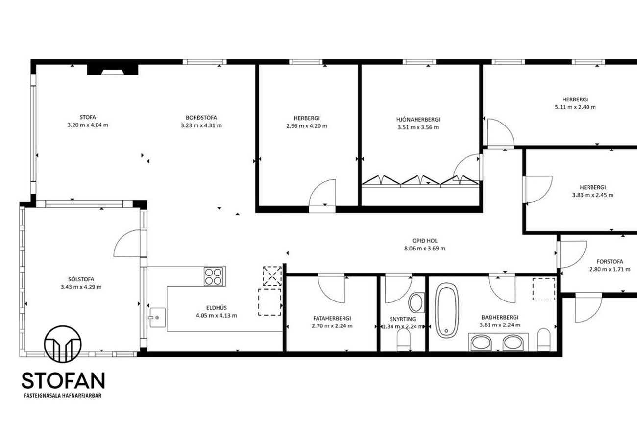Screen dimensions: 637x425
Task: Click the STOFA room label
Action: [x=88, y=117]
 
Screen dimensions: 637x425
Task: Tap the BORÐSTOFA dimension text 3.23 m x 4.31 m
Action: [x=201, y=125]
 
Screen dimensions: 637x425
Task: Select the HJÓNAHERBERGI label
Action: [x=418, y=120]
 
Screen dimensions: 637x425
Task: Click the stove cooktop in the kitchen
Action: [x=215, y=276]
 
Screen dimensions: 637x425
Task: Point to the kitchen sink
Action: [x=158, y=318]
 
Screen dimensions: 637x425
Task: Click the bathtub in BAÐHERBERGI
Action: [x=447, y=310]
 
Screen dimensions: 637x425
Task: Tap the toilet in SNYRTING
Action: [x=404, y=341]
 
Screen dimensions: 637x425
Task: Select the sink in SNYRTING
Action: [x=416, y=302]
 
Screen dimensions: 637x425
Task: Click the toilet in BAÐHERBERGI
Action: [x=544, y=340]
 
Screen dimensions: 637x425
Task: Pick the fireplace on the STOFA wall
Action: [x=112, y=70]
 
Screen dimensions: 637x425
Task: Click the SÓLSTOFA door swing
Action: [x=127, y=244]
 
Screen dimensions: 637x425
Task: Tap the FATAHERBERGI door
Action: [x=331, y=288]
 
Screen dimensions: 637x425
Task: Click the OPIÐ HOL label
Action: [x=425, y=240]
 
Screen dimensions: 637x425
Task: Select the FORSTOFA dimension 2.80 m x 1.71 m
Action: [x=610, y=269]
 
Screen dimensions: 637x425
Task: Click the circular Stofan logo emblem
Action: [x=63, y=344]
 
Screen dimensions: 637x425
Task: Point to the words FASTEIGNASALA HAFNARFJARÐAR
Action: [x=63, y=396]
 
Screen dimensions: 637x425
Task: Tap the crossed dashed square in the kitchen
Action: [x=272, y=276]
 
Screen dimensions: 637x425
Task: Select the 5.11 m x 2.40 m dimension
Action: [x=575, y=107]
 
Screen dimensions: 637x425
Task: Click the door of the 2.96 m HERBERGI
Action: [x=322, y=194]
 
